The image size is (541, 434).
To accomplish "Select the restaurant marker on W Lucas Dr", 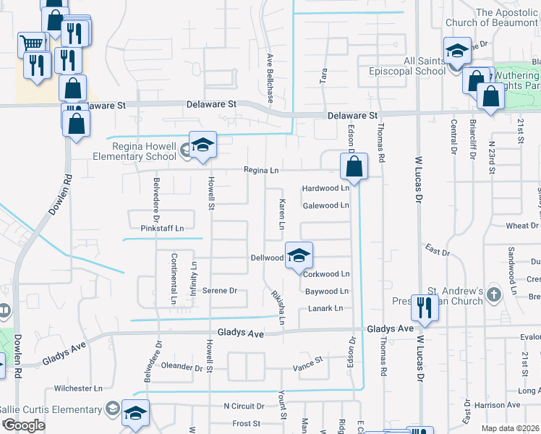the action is pyautogui.click(x=422, y=307).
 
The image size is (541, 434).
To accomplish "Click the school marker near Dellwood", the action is pyautogui.click(x=299, y=255).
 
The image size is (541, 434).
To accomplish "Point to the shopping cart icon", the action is pyautogui.click(x=32, y=43).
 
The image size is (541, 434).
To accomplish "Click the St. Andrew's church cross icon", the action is pyautogui.click(x=493, y=294).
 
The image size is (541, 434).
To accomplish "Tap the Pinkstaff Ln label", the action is pyautogui.click(x=163, y=228).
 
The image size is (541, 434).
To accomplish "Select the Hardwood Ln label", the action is pyautogui.click(x=325, y=188).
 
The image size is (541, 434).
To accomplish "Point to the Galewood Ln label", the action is pyautogui.click(x=325, y=205).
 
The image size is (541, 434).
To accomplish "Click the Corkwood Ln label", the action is pyautogui.click(x=326, y=274).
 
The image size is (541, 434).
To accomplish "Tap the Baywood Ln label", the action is pyautogui.click(x=326, y=292).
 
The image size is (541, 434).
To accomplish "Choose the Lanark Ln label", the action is pyautogui.click(x=325, y=309).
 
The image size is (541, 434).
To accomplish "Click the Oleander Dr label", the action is pyautogui.click(x=182, y=367).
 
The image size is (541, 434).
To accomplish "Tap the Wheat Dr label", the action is pyautogui.click(x=522, y=226).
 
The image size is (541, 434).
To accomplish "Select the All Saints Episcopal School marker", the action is pyautogui.click(x=457, y=51).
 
